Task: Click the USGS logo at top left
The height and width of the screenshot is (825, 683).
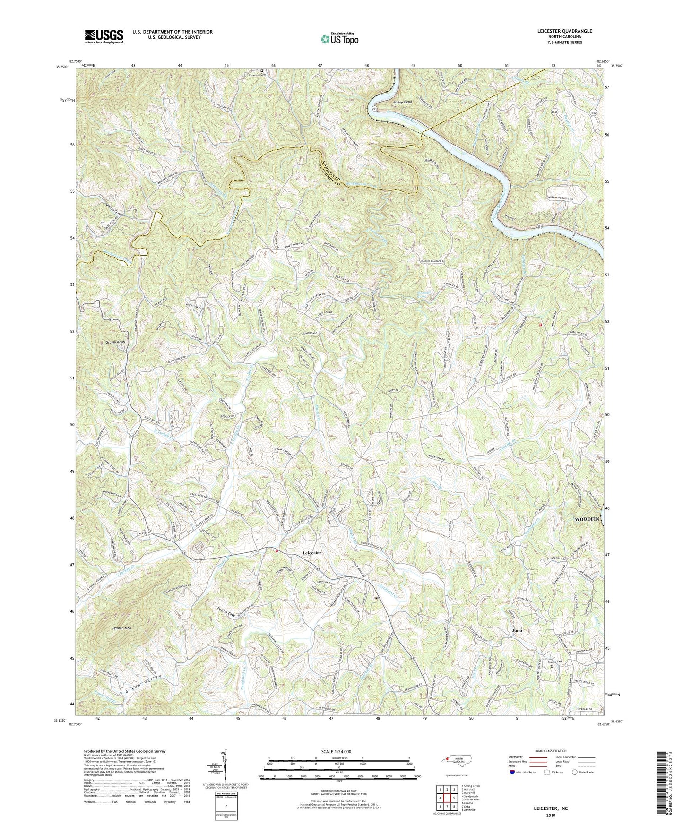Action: click(x=104, y=36)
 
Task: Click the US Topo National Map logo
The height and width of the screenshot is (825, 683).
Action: click(x=339, y=39)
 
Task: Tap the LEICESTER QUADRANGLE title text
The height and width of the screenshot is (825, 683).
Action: click(x=564, y=31)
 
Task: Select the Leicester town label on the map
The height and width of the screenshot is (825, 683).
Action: click(x=312, y=552)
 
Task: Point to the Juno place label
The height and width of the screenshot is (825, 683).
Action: click(x=517, y=630)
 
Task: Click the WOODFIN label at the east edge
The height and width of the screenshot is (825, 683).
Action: click(x=587, y=519)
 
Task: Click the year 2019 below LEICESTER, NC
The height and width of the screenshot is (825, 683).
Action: click(x=551, y=816)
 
